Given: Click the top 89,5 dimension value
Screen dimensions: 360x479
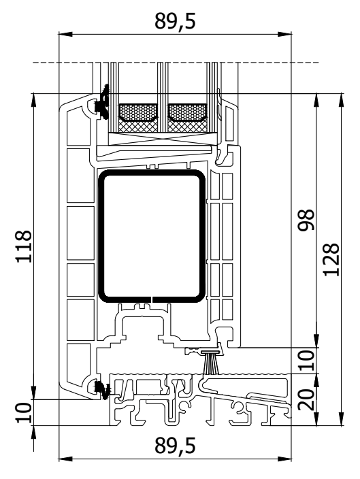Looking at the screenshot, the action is [175, 21].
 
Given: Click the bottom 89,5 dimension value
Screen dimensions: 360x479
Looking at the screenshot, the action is [175, 446].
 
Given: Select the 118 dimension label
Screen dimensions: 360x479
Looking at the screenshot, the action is [24, 246].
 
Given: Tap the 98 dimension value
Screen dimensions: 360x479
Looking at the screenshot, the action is [306, 220].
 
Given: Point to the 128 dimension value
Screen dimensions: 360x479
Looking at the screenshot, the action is [331, 260].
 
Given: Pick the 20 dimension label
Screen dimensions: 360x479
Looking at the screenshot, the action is [306, 399].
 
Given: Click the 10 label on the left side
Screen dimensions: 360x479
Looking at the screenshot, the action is [24, 413].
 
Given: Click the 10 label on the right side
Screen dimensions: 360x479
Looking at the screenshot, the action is [306, 361].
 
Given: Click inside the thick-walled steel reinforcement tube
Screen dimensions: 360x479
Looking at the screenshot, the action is [152, 236].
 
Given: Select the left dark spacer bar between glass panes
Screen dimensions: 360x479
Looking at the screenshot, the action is [138, 113].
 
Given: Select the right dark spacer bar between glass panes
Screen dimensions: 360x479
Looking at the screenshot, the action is [187, 113].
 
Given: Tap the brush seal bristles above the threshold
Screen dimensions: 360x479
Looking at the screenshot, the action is [211, 363].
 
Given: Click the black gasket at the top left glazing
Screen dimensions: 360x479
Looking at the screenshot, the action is [103, 102].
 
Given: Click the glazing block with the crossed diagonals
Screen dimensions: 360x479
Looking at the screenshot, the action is [163, 139].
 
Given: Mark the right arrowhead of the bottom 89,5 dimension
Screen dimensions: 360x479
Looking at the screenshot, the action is [285, 459].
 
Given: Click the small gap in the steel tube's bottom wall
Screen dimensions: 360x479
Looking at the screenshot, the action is [152, 299].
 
